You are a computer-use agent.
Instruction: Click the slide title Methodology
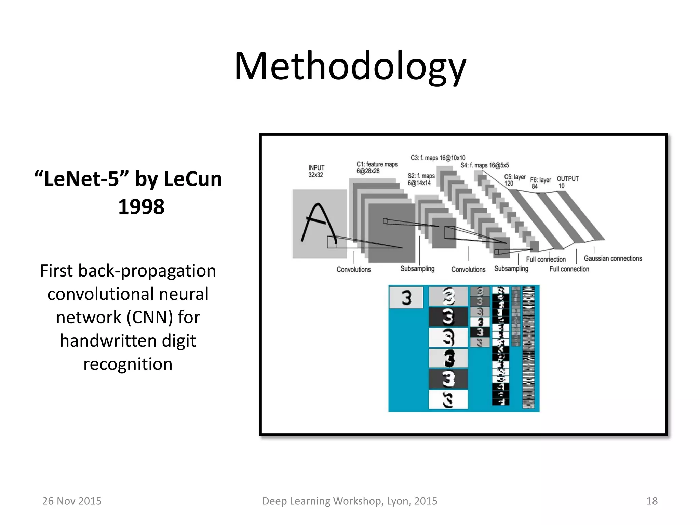tap(350, 67)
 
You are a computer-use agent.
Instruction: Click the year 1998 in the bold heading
tap(141, 207)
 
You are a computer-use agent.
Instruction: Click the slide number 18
tap(652, 501)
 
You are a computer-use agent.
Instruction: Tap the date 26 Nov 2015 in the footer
tap(72, 501)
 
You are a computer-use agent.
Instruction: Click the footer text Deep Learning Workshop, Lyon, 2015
tap(350, 501)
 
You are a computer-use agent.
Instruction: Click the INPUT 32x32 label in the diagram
tap(316, 171)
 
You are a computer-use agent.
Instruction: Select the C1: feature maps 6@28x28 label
tap(377, 167)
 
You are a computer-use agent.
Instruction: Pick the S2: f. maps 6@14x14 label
tap(421, 179)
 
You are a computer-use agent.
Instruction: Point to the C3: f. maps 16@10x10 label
tap(438, 158)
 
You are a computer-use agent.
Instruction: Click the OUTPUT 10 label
tap(567, 182)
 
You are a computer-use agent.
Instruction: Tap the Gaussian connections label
tap(613, 258)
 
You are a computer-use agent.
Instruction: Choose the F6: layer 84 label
tap(540, 183)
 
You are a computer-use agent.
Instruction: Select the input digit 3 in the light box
tap(406, 297)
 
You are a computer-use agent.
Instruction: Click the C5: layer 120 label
tap(514, 180)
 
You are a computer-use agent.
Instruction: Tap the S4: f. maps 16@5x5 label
tap(485, 165)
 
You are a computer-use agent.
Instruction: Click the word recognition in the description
tap(128, 364)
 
